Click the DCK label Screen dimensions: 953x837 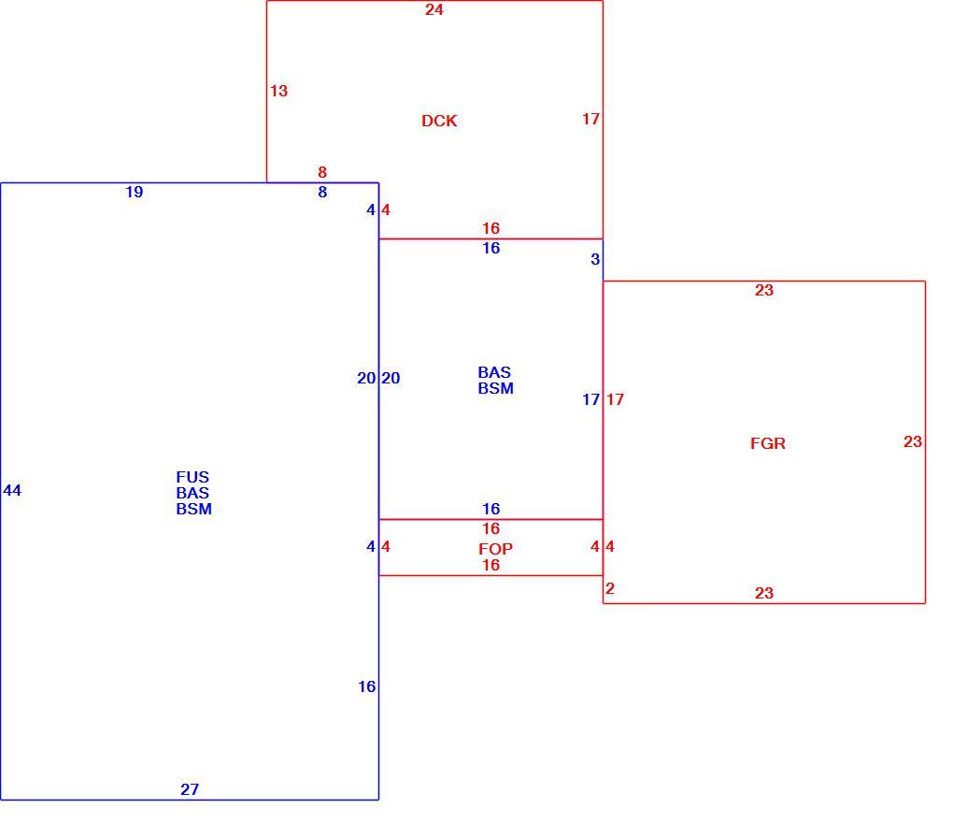[439, 121]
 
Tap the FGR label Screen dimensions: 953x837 [768, 443]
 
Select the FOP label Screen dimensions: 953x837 [495, 549]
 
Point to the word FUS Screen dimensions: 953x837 [192, 477]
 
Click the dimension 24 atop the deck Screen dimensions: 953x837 [434, 9]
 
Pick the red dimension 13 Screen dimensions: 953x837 [279, 91]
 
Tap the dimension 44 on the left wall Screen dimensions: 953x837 [12, 490]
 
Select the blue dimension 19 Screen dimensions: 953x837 [135, 193]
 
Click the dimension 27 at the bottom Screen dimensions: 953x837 [190, 789]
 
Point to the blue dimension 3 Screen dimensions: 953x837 [596, 259]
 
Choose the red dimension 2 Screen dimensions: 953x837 [610, 588]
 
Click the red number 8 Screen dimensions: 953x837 [322, 172]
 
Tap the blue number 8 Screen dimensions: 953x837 [322, 193]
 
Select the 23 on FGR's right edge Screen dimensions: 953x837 [913, 441]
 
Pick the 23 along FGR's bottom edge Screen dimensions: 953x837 [764, 593]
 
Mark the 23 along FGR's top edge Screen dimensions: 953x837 [764, 290]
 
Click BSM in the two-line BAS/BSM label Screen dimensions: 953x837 [495, 388]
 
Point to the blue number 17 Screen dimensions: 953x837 [590, 399]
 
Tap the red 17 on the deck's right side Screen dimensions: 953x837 [590, 119]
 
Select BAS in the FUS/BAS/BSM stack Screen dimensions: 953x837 [192, 493]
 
